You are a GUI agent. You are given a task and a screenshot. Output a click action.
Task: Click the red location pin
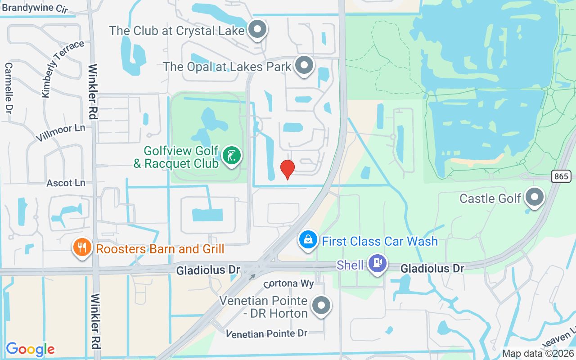pyautogui.click(x=288, y=169)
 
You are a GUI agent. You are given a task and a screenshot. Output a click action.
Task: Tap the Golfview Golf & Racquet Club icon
pyautogui.click(x=232, y=156)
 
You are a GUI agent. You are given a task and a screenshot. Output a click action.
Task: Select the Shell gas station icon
pyautogui.click(x=377, y=263)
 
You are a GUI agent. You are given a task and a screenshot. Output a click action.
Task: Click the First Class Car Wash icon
pyautogui.click(x=308, y=240)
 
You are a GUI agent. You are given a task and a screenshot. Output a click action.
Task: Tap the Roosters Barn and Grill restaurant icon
pyautogui.click(x=82, y=248)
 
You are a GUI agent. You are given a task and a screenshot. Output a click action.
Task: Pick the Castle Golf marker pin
pyautogui.click(x=535, y=197)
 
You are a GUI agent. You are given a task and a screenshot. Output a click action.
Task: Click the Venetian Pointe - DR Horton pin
pyautogui.click(x=321, y=306)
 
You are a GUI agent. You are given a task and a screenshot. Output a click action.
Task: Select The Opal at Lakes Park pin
pyautogui.click(x=305, y=66)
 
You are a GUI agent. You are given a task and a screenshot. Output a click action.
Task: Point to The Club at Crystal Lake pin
pyautogui.click(x=258, y=30)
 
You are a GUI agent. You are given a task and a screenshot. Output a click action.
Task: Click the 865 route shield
pyautogui.click(x=561, y=176)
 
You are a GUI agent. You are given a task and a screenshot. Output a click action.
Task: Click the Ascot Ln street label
pyautogui.click(x=66, y=183)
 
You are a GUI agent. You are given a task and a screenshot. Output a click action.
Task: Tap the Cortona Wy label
pyautogui.click(x=288, y=284)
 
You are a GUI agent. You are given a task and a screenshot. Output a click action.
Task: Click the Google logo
pyautogui.click(x=30, y=349)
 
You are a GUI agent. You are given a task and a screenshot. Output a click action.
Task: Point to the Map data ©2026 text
pyautogui.click(x=538, y=354)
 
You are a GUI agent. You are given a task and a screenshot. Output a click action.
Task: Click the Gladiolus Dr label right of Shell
pyautogui.click(x=432, y=269)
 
